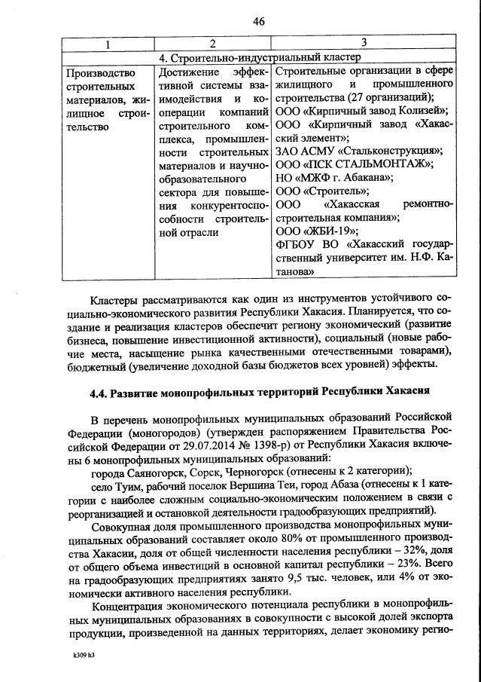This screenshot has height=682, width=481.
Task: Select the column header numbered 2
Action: pyautogui.click(x=212, y=44)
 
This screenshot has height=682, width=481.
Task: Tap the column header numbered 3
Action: pyautogui.click(x=364, y=44)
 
